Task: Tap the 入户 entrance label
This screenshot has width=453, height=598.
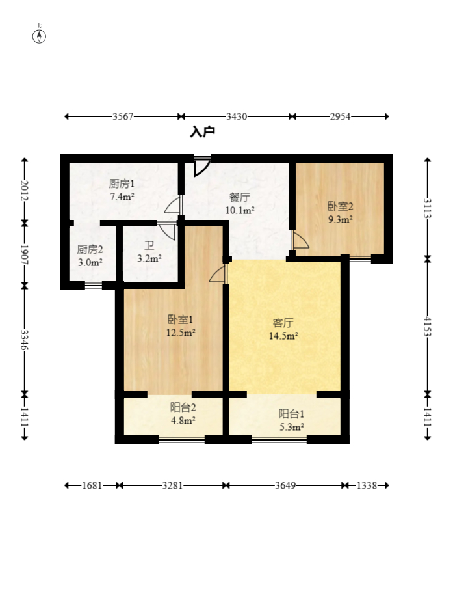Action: [202, 131]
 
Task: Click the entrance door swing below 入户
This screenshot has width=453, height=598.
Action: [201, 167]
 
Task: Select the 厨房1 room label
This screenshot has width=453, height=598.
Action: [122, 183]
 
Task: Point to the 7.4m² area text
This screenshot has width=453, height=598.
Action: [122, 197]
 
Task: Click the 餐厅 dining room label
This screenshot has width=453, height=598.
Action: [240, 197]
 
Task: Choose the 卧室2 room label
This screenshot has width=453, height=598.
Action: [340, 206]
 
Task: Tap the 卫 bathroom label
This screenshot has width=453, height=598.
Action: [149, 245]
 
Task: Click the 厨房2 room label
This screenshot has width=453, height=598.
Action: [90, 249]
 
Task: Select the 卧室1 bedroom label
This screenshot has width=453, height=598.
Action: [181, 319]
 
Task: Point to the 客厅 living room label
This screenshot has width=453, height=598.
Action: [283, 323]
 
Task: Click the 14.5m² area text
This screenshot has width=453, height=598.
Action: [283, 336]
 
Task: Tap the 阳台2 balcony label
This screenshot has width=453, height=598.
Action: [183, 407]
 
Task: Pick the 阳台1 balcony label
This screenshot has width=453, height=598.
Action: [291, 414]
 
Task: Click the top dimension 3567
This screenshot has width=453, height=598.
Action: [123, 116]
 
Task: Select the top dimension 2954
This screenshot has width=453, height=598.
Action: [340, 116]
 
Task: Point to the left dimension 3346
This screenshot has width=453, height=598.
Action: [25, 340]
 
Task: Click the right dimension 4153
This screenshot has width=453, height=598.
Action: [428, 326]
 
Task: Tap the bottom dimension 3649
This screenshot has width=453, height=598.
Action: [285, 485]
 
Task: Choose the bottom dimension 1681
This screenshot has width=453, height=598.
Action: [92, 485]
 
